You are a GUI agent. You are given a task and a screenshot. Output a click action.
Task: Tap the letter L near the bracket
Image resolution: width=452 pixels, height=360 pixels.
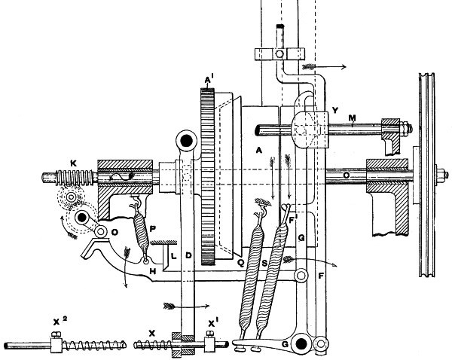[173, 257]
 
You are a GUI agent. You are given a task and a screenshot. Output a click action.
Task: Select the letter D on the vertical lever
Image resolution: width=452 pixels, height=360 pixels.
[189, 257]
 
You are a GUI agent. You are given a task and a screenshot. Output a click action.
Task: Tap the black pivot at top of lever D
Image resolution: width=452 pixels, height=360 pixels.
[185, 139]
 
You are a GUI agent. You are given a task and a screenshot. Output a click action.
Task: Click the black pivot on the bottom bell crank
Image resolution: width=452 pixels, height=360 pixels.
[301, 344]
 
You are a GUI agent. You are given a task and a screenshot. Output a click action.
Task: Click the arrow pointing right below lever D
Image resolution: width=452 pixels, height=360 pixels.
[185, 306]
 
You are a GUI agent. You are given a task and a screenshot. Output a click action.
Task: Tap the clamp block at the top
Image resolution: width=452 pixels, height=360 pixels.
[279, 54]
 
